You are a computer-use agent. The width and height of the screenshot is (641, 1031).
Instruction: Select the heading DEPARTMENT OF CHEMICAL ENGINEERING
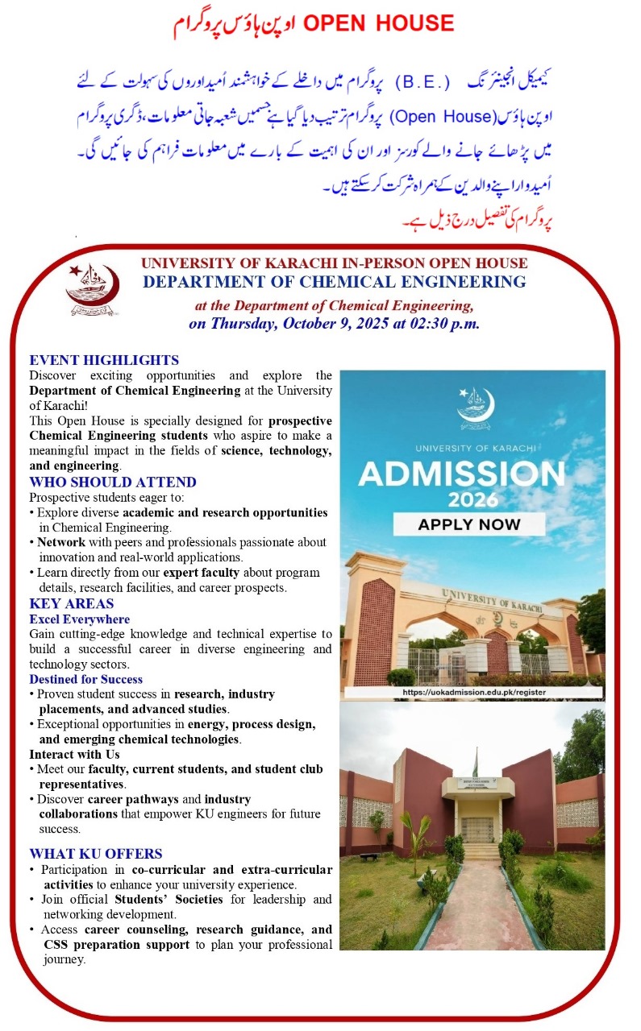coord(334,282)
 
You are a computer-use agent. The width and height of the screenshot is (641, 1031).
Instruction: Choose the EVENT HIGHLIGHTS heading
coord(104,360)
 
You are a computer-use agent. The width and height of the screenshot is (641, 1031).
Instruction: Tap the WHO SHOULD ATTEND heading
coord(112,482)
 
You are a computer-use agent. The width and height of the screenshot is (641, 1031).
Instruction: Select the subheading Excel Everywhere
coord(79,619)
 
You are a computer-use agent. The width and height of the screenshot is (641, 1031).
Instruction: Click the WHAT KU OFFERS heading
coord(95,854)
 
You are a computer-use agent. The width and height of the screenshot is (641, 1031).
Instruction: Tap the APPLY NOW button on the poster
coord(468,524)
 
